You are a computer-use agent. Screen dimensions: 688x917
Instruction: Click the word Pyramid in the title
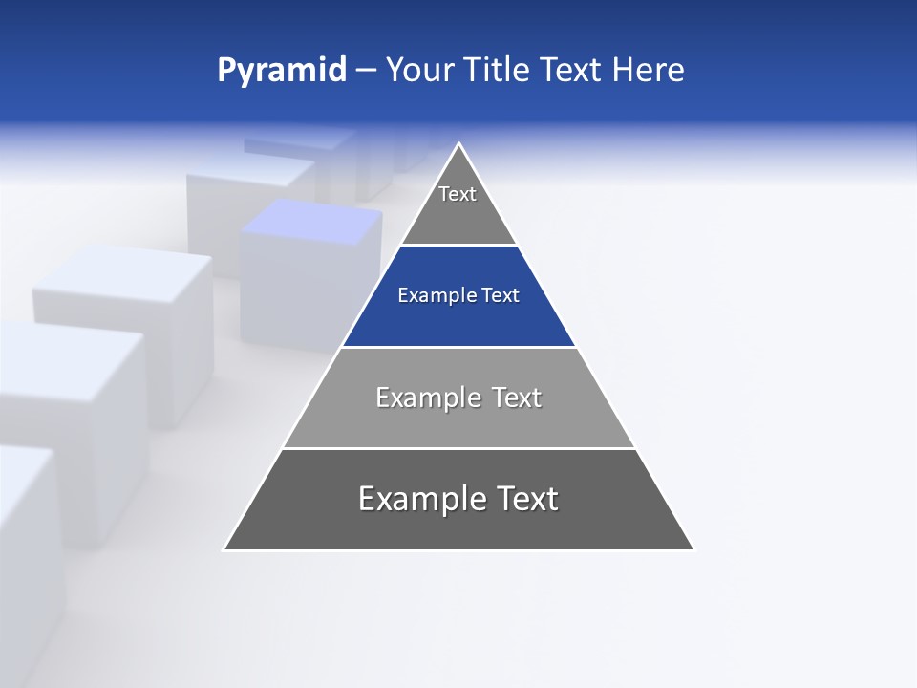coord(282,71)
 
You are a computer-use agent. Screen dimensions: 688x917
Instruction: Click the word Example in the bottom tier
coord(411,499)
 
